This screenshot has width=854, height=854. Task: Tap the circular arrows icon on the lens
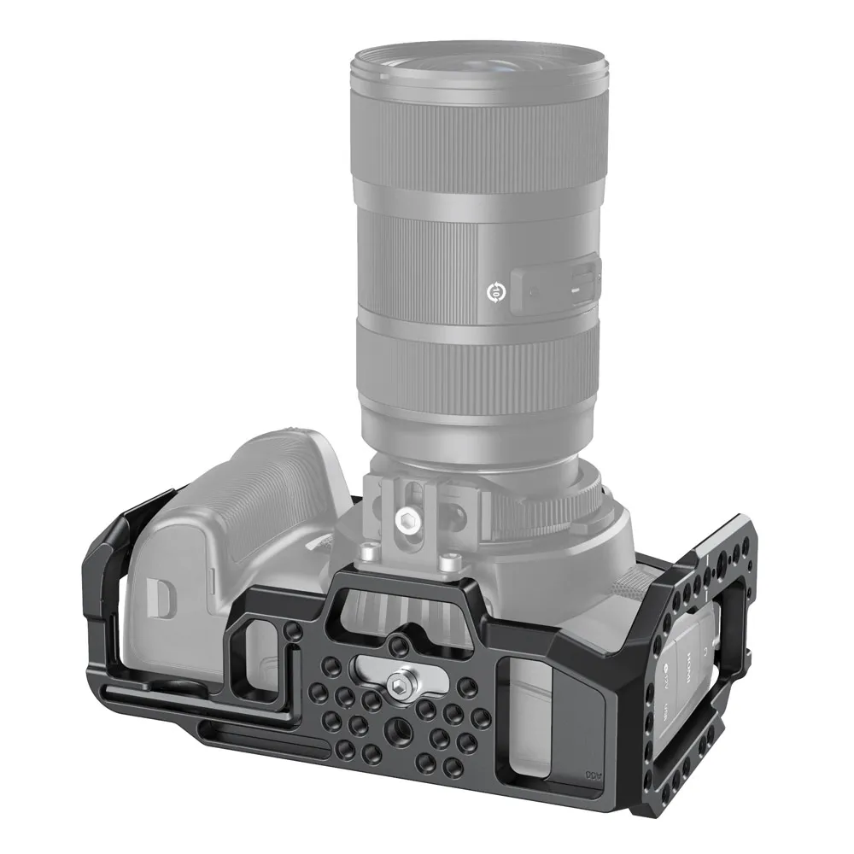(x=494, y=292)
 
